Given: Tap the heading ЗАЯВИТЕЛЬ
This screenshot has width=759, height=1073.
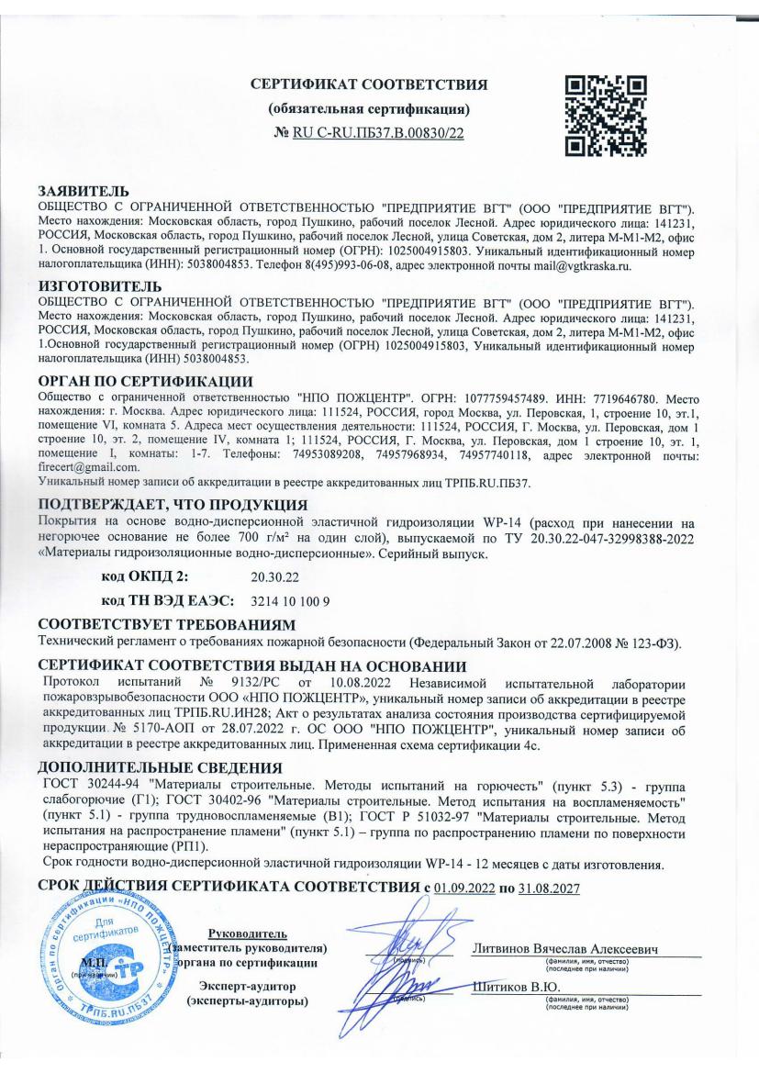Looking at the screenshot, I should coord(75,191).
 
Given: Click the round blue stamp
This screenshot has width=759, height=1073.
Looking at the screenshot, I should coord(99,958).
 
